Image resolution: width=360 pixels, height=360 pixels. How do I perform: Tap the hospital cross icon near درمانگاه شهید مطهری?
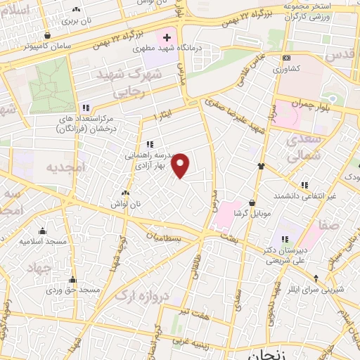[167, 37]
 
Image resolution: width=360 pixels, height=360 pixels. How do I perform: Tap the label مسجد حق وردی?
[74, 290]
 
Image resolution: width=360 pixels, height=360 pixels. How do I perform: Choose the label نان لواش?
[126, 203]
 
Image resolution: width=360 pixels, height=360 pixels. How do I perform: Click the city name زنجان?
[261, 354]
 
